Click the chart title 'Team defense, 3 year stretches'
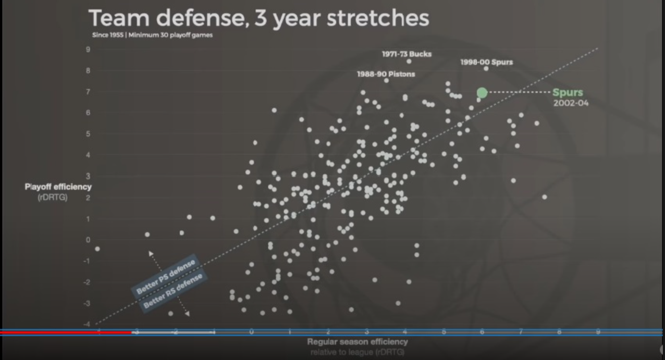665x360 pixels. point(259,18)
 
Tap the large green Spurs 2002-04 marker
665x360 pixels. point(482,93)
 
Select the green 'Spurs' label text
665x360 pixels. point(568,93)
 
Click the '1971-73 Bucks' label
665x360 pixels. point(407,54)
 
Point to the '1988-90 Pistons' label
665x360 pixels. point(386,74)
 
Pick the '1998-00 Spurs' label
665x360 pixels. point(486,62)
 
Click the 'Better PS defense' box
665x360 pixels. point(166,277)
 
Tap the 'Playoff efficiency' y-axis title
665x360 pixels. point(58,187)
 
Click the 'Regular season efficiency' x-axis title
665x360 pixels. point(357,342)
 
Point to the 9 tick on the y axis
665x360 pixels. point(88,49)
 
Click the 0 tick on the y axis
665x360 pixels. point(88,240)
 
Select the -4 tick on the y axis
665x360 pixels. point(87,324)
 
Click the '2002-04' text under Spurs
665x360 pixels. point(571,103)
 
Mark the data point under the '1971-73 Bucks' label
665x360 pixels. point(409,61)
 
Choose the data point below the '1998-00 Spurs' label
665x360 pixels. point(486,69)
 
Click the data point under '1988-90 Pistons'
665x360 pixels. point(386,81)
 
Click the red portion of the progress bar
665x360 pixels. point(65,332)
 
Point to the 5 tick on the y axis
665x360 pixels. point(88,134)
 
